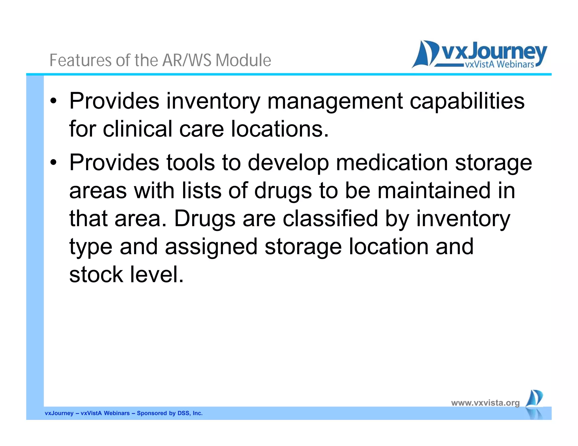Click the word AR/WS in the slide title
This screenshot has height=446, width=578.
[x=187, y=60]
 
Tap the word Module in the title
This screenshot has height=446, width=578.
[x=243, y=60]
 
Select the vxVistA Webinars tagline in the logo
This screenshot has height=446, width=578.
[x=499, y=65]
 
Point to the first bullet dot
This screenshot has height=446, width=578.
[x=54, y=101]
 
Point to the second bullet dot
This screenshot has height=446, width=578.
[x=54, y=163]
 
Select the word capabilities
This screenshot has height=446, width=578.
[x=467, y=101]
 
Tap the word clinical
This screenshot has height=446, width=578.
[x=137, y=129]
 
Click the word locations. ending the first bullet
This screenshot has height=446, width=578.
[x=280, y=129]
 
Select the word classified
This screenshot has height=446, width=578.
[x=330, y=218]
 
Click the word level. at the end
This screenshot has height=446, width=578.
[x=157, y=274]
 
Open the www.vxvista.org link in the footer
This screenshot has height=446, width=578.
[x=485, y=403]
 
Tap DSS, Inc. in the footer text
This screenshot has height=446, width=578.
[x=190, y=413]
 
